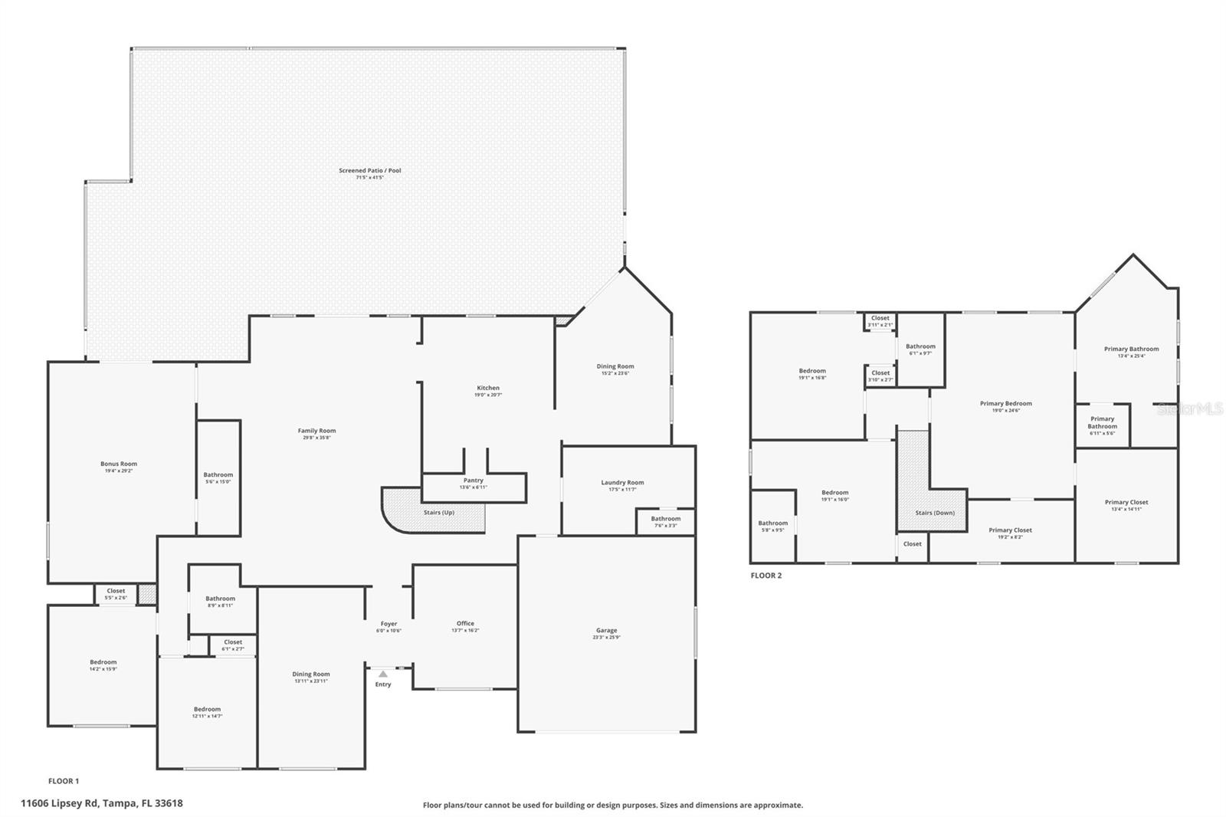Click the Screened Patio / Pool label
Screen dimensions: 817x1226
370,170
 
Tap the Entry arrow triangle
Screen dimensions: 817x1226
383,674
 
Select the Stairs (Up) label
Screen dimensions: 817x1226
439,512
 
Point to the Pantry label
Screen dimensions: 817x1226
474,481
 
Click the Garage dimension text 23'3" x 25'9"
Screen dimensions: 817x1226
606,637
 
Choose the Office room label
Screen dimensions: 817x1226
465,623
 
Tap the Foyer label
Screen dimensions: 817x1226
388,624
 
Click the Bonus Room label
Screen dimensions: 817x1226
119,464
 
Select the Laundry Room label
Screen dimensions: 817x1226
622,483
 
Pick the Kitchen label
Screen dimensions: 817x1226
488,388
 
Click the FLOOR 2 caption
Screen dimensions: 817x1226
766,576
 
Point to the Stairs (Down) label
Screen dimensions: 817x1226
935,513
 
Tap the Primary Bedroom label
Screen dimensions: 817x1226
1006,403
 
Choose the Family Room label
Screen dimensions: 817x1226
317,431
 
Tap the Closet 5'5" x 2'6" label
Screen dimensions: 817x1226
116,591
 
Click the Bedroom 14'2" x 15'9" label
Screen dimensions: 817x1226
103,662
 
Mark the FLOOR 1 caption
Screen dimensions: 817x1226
64,781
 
